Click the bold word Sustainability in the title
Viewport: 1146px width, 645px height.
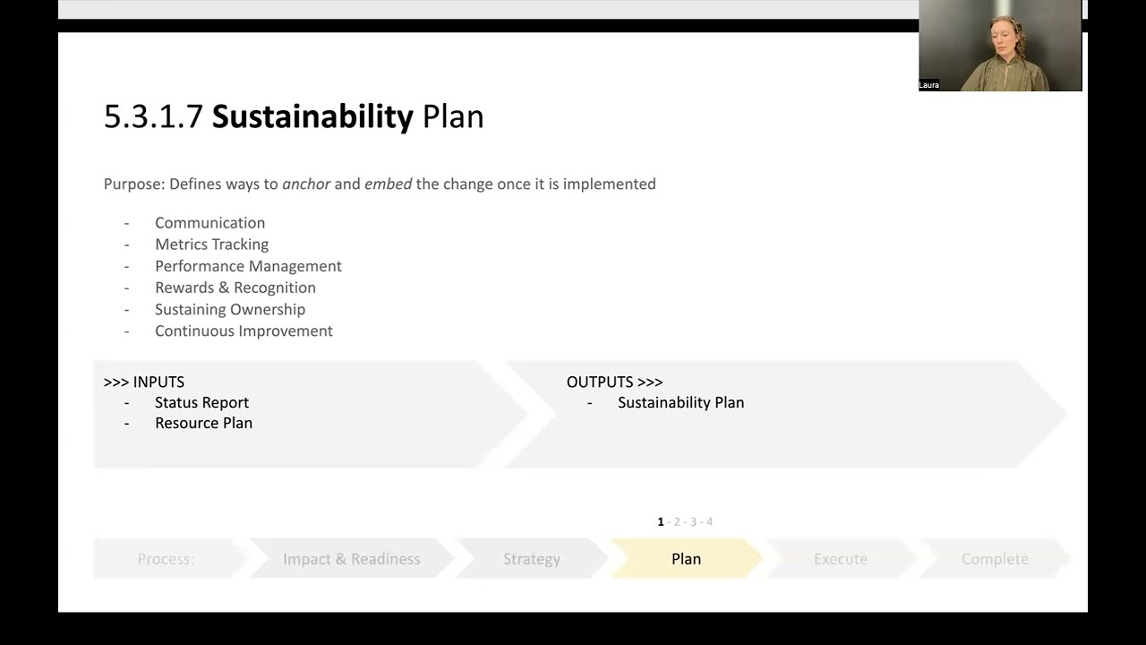pyautogui.click(x=312, y=117)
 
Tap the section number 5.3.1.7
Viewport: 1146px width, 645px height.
pyautogui.click(x=153, y=117)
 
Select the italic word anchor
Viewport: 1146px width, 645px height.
pyautogui.click(x=306, y=184)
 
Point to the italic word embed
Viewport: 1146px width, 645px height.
pyautogui.click(x=388, y=184)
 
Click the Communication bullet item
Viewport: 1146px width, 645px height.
pyautogui.click(x=210, y=223)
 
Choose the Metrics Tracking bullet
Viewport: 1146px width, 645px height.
pyautogui.click(x=211, y=245)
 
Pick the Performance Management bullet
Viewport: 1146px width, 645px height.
pyautogui.click(x=248, y=266)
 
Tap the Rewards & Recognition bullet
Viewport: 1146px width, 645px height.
pyautogui.click(x=235, y=288)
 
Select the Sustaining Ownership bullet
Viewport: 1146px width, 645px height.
pyautogui.click(x=230, y=309)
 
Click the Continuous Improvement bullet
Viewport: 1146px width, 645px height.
pyautogui.click(x=244, y=331)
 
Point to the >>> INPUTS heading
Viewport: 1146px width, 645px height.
pyautogui.click(x=144, y=382)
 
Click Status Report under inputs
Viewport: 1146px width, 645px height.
pyautogui.click(x=201, y=403)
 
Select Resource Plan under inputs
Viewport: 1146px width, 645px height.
pyautogui.click(x=203, y=423)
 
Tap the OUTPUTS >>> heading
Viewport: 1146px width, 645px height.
pyautogui.click(x=614, y=382)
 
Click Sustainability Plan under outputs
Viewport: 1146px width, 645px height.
pyautogui.click(x=680, y=403)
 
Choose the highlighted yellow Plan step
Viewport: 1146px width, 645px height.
pyautogui.click(x=686, y=559)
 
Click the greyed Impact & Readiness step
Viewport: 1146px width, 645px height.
pyautogui.click(x=351, y=559)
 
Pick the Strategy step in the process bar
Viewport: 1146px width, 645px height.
pyautogui.click(x=531, y=559)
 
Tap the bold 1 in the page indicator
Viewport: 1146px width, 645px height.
pyautogui.click(x=661, y=521)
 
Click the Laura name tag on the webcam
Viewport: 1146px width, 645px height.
pyautogui.click(x=928, y=85)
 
